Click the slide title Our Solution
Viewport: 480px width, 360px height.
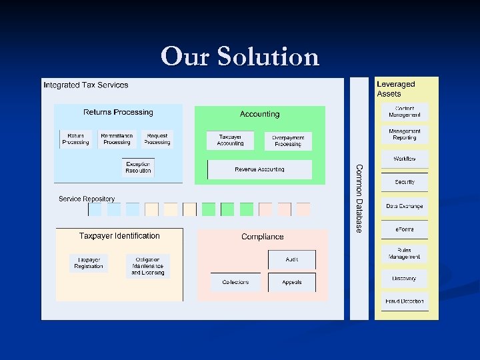coord(240,57)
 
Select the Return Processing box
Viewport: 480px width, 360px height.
coord(75,139)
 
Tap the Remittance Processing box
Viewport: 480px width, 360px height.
coord(117,139)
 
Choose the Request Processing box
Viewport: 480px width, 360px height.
coord(157,139)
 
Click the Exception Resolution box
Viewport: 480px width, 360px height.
coord(138,167)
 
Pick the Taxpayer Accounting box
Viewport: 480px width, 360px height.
coord(231,140)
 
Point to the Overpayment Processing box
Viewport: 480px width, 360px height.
coord(288,141)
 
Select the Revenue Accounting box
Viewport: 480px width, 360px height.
coord(259,170)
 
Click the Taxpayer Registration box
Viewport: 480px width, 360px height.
coord(89,263)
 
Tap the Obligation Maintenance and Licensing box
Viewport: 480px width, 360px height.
coord(147,266)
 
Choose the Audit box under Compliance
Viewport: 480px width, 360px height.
coord(292,259)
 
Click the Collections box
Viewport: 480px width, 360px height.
coord(235,282)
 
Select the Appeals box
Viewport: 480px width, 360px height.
coord(292,282)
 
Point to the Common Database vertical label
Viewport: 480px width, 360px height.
coord(359,199)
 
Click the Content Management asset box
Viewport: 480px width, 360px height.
coord(405,112)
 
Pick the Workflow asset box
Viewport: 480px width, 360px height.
coord(405,159)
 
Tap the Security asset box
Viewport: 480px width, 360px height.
coord(405,182)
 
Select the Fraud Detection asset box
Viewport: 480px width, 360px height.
coord(405,301)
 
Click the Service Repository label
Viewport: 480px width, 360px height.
coord(87,199)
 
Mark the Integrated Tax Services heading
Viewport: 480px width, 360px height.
coord(86,85)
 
